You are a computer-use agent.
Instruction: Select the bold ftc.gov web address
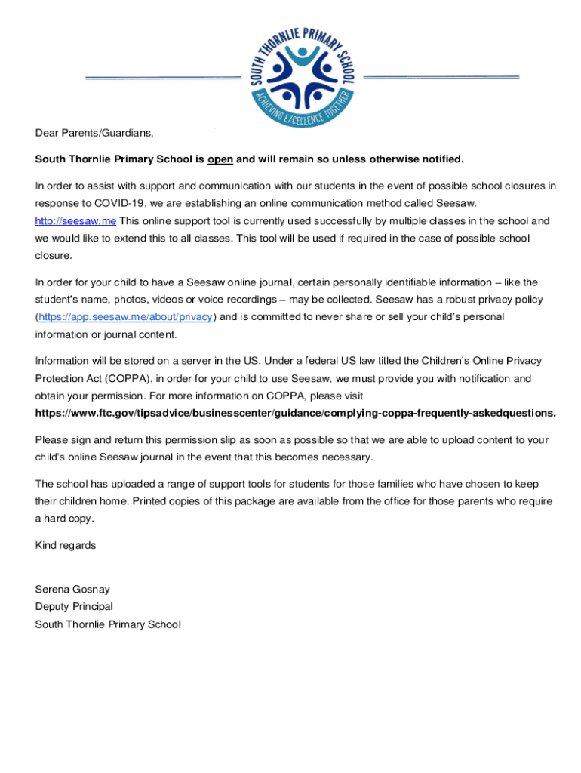click(296, 413)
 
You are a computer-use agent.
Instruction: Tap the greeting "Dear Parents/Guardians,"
click(94, 133)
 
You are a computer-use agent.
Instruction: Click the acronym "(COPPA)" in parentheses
click(125, 378)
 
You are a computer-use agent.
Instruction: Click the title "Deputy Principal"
click(74, 607)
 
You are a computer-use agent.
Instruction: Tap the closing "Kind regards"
click(66, 545)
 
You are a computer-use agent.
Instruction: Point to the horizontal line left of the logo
click(162, 79)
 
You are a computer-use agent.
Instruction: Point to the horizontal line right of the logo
click(441, 77)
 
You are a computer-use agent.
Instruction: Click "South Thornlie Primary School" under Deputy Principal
click(108, 624)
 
